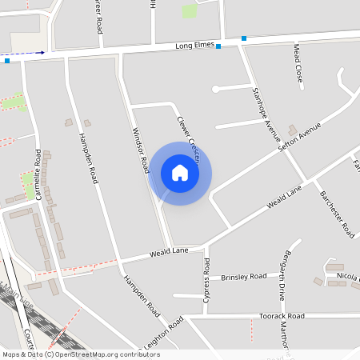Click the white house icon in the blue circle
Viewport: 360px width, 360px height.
coord(180,173)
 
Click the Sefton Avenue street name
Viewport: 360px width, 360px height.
coord(299,138)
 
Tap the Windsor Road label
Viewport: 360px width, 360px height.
coord(140,151)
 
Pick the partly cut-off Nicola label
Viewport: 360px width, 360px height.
coord(347,275)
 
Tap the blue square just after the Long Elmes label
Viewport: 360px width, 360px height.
coord(218,46)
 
